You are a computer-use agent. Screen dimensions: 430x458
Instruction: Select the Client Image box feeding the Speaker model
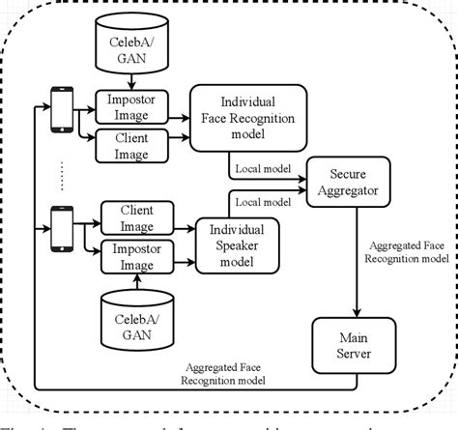coord(138,215)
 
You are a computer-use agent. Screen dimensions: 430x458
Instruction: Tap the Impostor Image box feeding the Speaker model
coord(138,256)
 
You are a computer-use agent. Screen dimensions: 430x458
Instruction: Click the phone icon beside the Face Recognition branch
coord(64,105)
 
